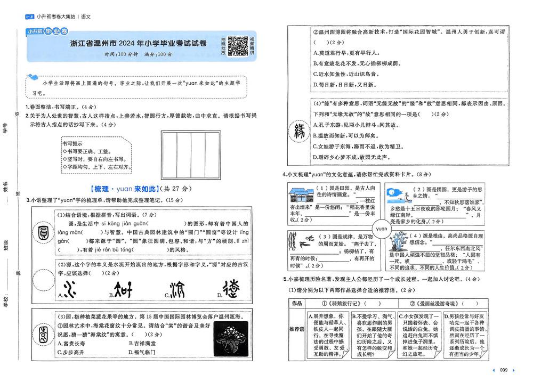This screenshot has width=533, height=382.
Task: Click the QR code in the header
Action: tap(238, 46)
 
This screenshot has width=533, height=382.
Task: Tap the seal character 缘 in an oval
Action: tap(297, 132)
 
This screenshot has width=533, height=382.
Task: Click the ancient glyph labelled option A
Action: tap(69, 289)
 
